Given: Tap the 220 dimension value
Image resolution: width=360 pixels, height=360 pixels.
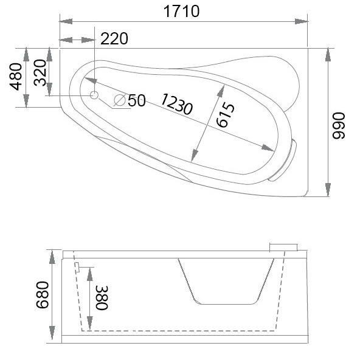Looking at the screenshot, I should point(114,40).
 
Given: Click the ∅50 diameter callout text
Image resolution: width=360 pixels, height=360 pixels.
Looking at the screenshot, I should point(137,100).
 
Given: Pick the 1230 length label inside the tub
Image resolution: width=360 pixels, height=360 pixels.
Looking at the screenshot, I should point(177,104).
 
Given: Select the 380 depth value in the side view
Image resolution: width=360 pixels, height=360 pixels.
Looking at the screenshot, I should point(101,298).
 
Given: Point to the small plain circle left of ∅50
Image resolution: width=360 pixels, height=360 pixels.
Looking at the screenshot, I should point(94,95).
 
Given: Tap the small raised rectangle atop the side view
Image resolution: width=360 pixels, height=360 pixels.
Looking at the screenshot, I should point(283,247).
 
